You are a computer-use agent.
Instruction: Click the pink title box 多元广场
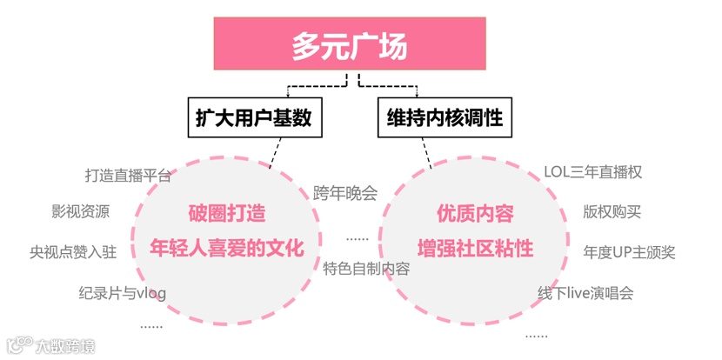[350, 46]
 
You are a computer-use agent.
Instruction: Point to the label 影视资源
[81, 211]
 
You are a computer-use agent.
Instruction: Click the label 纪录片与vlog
[122, 293]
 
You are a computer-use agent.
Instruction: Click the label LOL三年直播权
[593, 171]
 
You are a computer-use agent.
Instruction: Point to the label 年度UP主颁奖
[630, 253]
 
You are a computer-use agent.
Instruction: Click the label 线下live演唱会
[585, 293]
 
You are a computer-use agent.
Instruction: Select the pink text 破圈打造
[227, 213]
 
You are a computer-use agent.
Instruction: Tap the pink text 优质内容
[475, 213]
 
